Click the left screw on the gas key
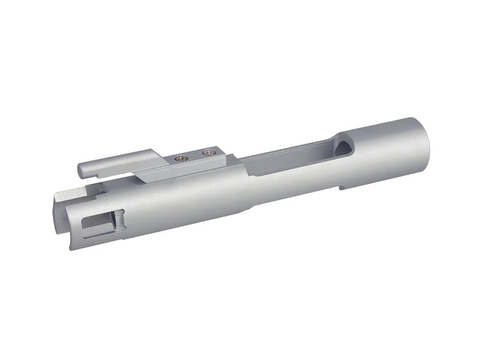pos(179,158)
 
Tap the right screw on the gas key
pos(208,152)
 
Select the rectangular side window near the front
pos(102,223)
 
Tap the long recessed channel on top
pos(288,156)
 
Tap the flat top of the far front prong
pos(67,193)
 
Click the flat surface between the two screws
pos(193,156)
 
